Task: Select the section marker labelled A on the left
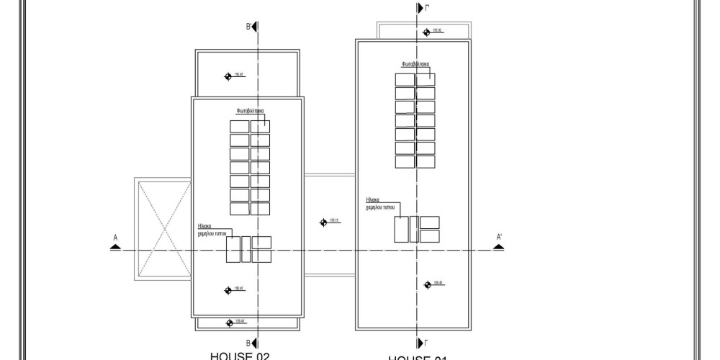(x=115, y=246)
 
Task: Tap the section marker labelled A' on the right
(x=499, y=246)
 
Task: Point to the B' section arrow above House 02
(x=254, y=27)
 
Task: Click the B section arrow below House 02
(x=254, y=343)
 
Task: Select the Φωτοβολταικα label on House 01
(x=411, y=64)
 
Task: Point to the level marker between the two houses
(x=323, y=222)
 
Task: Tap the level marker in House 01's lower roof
(x=428, y=283)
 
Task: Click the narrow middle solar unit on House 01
(x=414, y=229)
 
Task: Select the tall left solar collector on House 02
(x=233, y=249)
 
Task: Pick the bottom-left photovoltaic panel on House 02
(x=239, y=209)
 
